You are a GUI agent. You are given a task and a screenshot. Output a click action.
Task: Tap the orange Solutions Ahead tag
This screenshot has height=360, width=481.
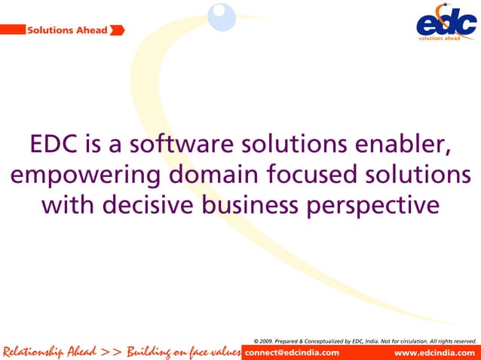[x=66, y=30]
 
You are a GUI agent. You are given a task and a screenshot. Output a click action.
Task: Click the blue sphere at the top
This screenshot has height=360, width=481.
[x=222, y=17]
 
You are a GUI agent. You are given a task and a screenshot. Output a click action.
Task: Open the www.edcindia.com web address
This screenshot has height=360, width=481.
[x=435, y=352]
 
